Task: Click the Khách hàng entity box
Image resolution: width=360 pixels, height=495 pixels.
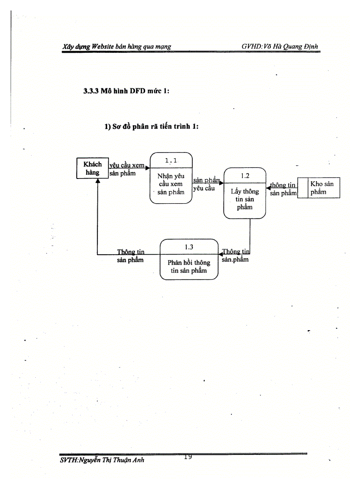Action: pos(92,168)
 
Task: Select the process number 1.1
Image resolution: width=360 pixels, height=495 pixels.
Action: pos(171,160)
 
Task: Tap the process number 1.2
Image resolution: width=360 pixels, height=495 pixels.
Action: pos(245,175)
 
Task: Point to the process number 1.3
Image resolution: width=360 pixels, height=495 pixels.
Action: pos(189,247)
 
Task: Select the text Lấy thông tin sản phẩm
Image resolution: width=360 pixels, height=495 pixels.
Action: pos(244,199)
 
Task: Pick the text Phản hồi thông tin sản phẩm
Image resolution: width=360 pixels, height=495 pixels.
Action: pos(189,266)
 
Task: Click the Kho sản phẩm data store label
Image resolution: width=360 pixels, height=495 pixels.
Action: pos(322,188)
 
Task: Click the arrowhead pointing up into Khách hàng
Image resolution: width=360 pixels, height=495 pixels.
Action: pos(97,182)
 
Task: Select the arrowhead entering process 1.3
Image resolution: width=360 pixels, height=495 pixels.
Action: pos(221,254)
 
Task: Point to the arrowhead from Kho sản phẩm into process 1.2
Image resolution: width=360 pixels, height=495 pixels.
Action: pos(268,189)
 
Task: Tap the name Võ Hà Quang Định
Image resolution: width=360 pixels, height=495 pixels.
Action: pos(292,46)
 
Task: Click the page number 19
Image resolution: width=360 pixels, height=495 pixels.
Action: pos(187,457)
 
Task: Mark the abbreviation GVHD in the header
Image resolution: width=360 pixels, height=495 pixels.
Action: pos(252,46)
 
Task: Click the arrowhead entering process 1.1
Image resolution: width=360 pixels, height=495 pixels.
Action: pos(148,167)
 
